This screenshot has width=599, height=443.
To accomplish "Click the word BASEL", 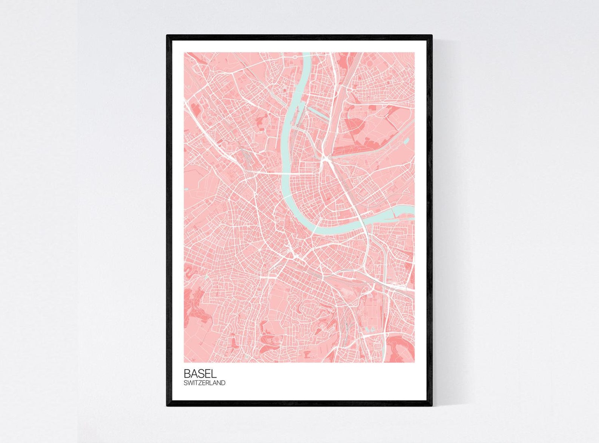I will (x=200, y=373).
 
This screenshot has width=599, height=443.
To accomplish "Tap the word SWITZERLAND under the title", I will (x=204, y=383).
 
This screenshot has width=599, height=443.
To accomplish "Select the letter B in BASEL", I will (x=187, y=373).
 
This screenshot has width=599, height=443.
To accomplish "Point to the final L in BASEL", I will (x=214, y=373).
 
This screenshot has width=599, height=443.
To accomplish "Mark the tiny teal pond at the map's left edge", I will (x=186, y=189).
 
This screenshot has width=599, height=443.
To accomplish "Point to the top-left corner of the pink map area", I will (x=184, y=53).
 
